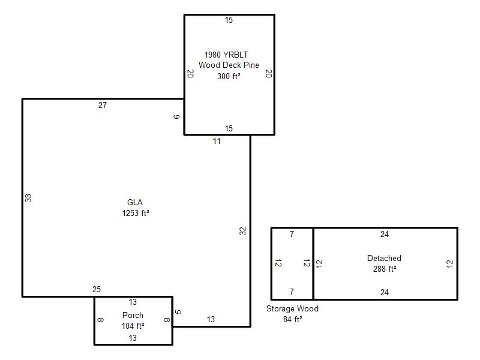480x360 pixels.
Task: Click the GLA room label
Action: (135, 202)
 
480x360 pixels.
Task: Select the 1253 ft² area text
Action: (136, 213)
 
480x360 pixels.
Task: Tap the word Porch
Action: (133, 316)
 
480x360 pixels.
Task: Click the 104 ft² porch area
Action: (133, 326)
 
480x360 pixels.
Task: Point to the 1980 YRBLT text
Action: (226, 55)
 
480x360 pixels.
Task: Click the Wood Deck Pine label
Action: (229, 65)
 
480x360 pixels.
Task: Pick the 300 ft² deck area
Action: (229, 76)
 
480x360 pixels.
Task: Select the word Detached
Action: (384, 258)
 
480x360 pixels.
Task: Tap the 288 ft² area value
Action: (385, 269)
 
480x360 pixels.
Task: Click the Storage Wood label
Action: (292, 308)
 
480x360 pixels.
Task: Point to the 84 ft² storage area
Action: (293, 319)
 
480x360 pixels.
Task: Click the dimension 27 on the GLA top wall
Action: (103, 106)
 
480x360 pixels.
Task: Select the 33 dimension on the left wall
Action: (28, 198)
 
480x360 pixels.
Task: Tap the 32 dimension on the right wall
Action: (242, 231)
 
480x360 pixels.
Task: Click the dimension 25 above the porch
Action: (97, 290)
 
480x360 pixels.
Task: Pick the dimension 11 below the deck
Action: (217, 142)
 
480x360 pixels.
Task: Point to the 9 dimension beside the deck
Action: (176, 117)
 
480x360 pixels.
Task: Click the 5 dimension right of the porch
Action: (178, 312)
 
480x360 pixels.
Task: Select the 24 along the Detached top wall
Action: (385, 235)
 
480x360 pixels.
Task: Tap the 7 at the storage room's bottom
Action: (292, 292)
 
